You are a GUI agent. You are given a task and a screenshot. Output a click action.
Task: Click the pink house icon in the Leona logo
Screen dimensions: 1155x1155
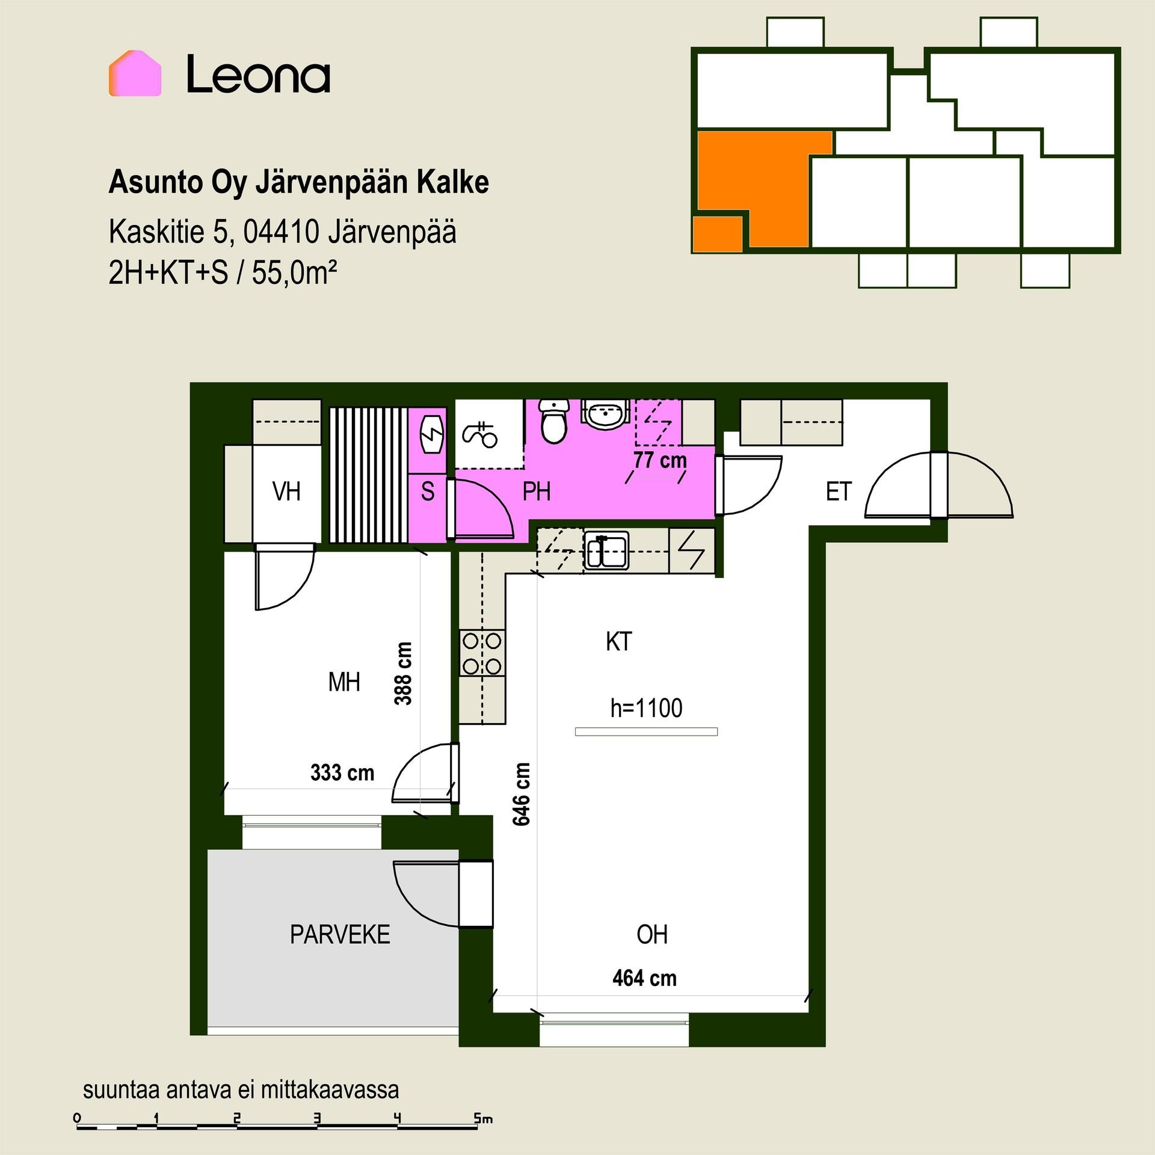(135, 73)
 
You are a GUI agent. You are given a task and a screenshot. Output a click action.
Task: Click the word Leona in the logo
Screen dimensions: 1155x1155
(259, 75)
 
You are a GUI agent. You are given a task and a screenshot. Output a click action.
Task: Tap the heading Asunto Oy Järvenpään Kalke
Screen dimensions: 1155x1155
(298, 182)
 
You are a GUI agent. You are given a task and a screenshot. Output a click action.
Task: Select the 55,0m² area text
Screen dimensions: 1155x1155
(294, 273)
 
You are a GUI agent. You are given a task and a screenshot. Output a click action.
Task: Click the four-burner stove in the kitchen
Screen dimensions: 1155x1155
(482, 652)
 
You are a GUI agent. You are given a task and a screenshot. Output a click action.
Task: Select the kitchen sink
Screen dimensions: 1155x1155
(606, 550)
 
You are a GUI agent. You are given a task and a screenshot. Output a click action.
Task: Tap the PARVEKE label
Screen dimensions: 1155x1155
(340, 934)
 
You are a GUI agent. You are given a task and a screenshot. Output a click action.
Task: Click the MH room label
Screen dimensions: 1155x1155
(344, 682)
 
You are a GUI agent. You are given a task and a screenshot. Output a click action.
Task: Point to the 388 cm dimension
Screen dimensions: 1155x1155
(404, 673)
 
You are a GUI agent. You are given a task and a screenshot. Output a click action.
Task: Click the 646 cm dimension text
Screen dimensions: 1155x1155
(522, 794)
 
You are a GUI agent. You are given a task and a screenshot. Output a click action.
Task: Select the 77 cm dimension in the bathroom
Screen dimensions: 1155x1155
(660, 460)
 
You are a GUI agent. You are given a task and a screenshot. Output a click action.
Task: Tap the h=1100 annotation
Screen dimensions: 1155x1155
(646, 708)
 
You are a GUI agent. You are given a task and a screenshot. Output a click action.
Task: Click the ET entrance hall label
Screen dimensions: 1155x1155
(839, 492)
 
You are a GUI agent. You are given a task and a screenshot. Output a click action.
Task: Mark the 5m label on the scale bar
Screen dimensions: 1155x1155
(483, 1118)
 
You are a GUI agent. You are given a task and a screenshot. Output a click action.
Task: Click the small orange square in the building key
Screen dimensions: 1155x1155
(717, 234)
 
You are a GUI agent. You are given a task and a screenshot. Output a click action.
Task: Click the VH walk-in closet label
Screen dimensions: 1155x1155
(286, 491)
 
